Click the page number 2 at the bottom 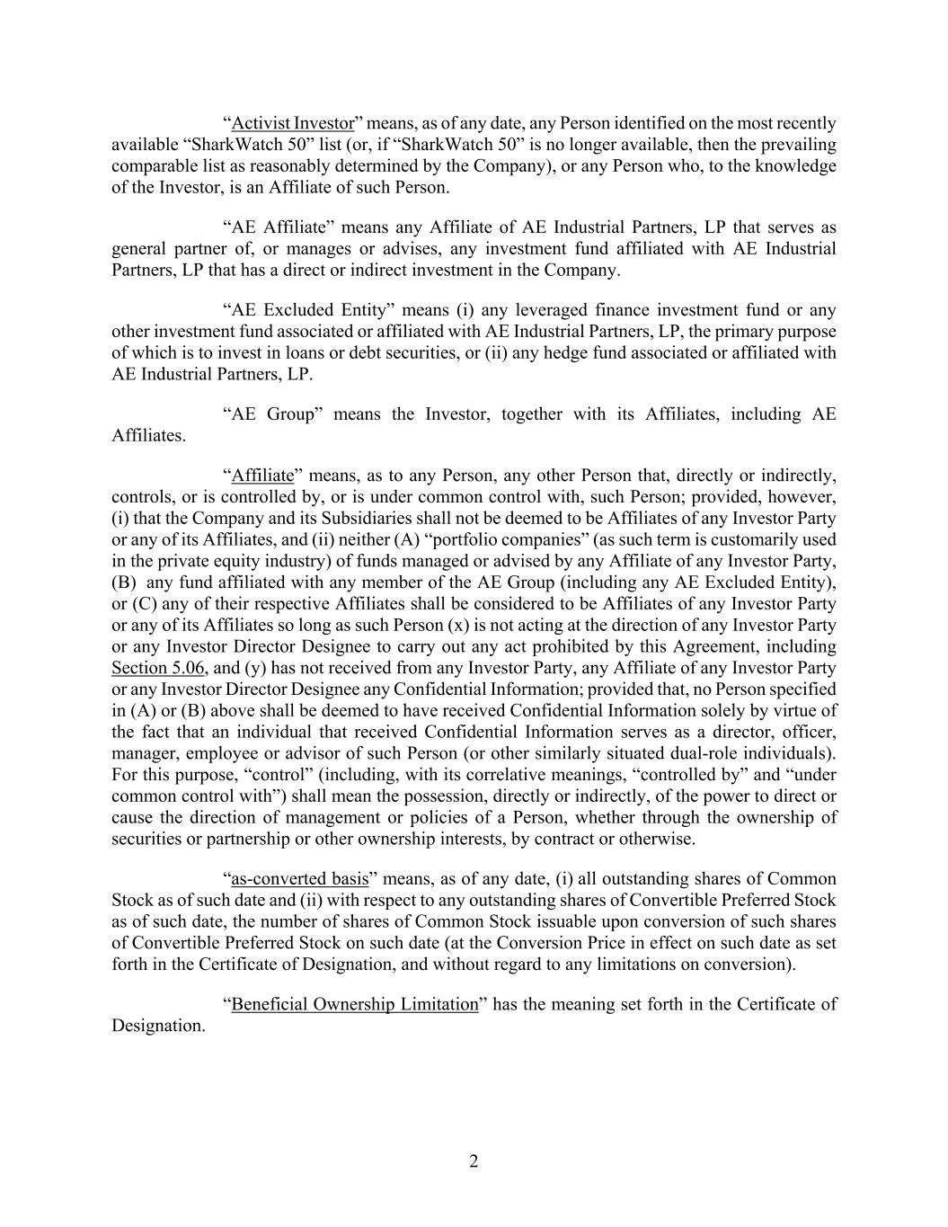click(474, 1161)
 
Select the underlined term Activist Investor click(293, 123)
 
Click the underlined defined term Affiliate click(262, 476)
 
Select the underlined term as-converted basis click(300, 878)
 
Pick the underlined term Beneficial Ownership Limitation click(355, 1004)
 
